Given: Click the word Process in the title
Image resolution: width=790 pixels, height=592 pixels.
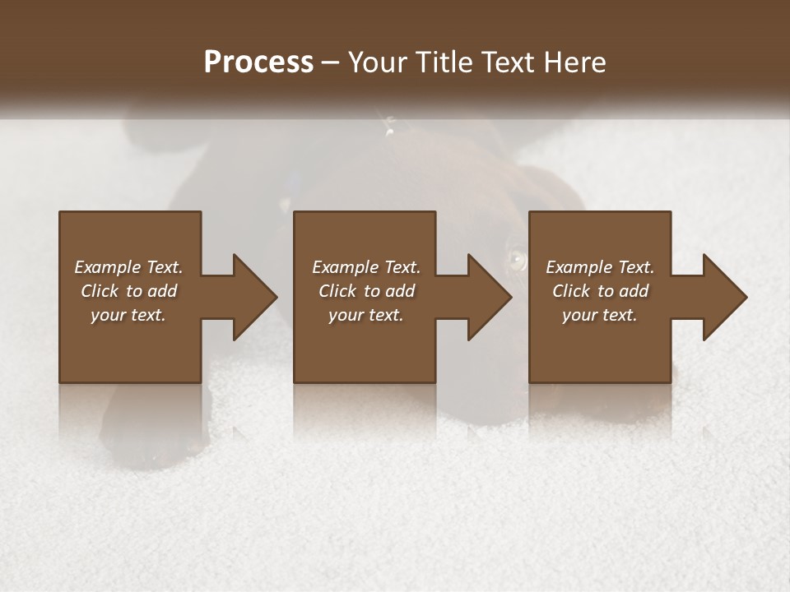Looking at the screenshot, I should click(x=258, y=62).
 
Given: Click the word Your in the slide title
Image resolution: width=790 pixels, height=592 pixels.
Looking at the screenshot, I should click(x=375, y=62).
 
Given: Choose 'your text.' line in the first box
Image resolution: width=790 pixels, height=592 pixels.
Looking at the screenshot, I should click(x=128, y=315).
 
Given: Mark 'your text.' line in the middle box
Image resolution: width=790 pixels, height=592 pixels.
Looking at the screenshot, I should click(x=365, y=315).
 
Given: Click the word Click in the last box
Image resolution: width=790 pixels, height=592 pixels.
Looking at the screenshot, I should click(x=571, y=291).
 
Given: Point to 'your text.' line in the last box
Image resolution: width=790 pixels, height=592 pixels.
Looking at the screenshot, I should click(x=599, y=315).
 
